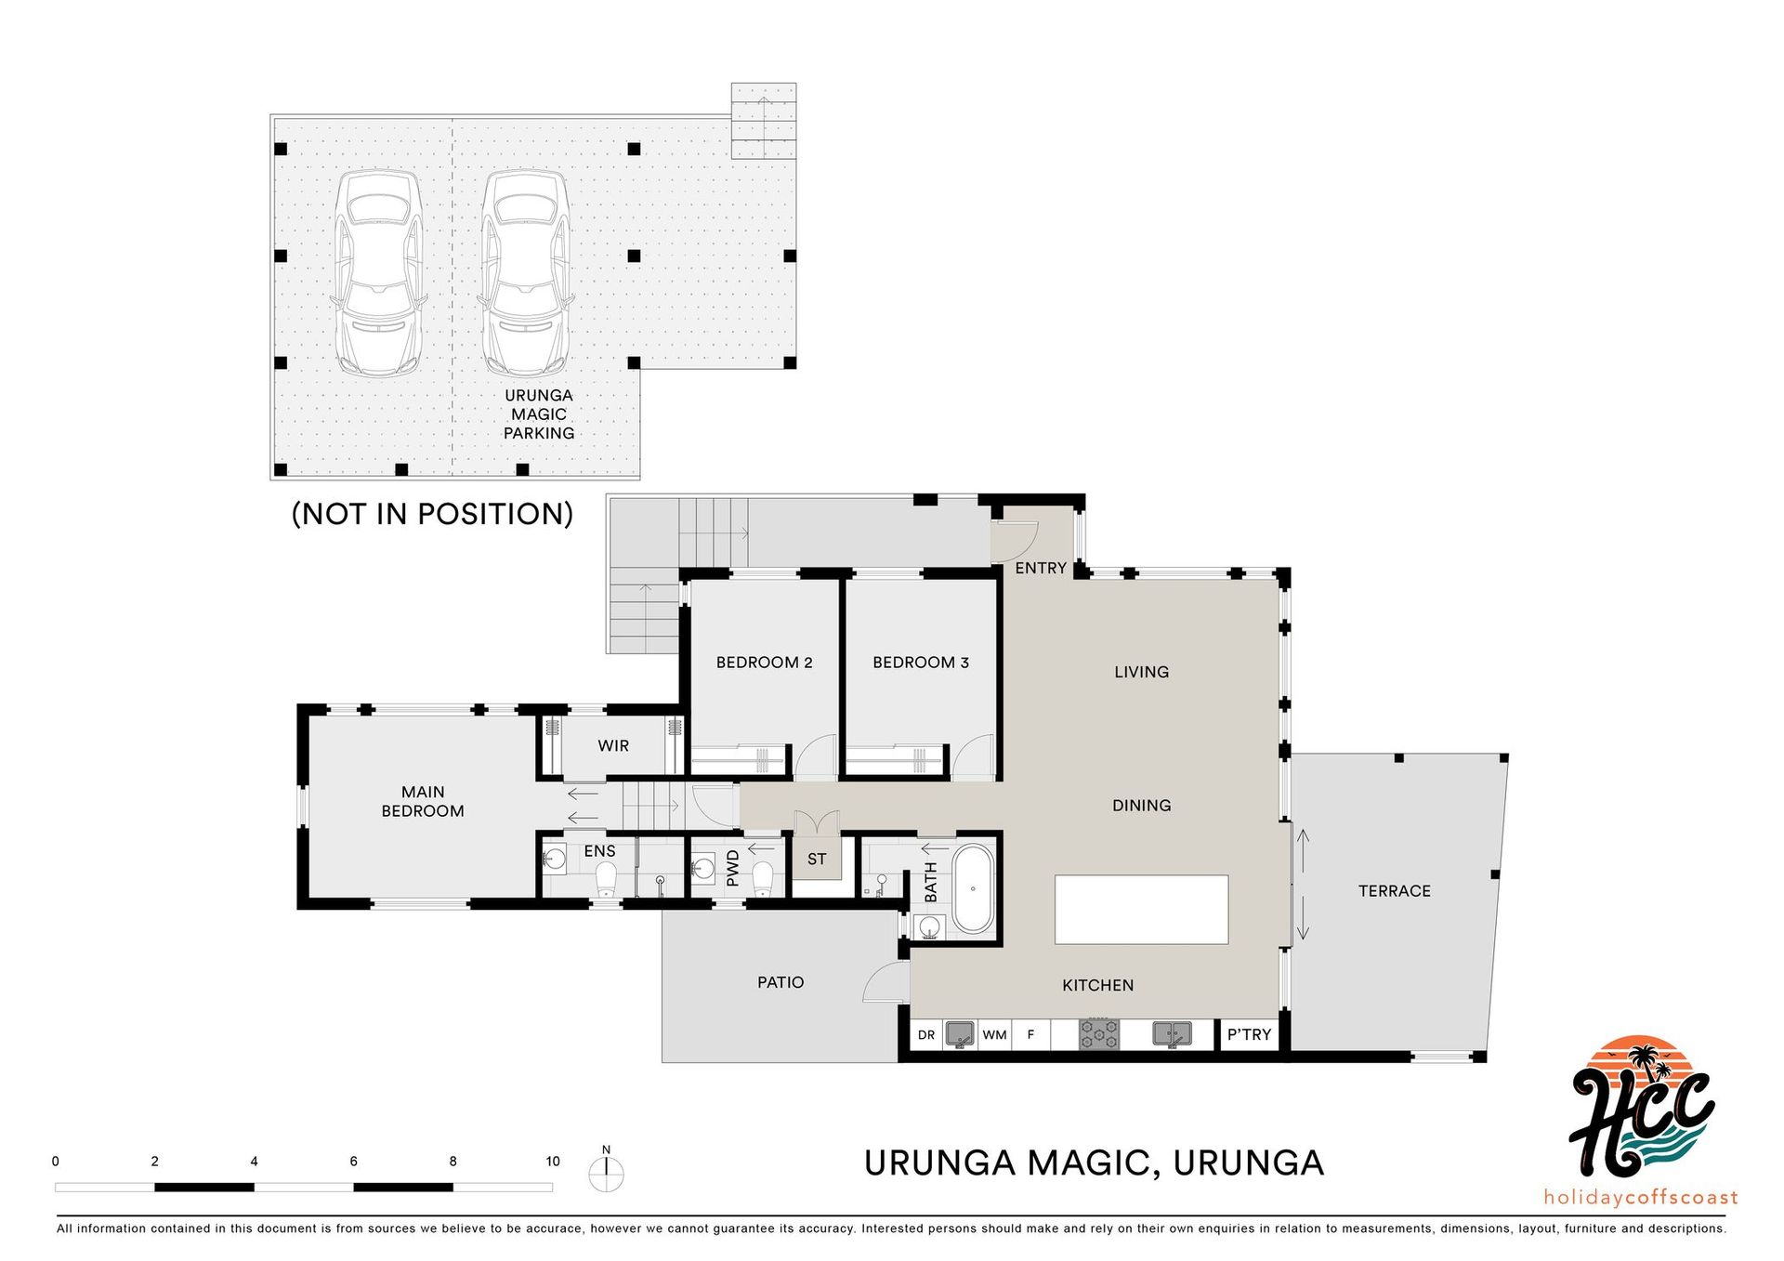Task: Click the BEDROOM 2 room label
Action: pos(764,663)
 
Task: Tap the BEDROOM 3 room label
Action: pos(921,663)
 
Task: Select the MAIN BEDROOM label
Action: pos(423,801)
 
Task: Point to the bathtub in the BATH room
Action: pos(973,888)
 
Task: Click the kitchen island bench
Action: pos(1141,910)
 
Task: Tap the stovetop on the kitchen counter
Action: pos(1099,1034)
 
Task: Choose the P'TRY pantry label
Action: pos(1249,1034)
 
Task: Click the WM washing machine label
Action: pos(995,1034)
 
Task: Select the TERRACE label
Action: pos(1395,891)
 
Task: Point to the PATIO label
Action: pos(780,982)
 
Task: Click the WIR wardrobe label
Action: pos(613,746)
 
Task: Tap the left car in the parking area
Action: pos(378,273)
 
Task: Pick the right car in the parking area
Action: pos(525,273)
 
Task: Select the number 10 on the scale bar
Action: pos(553,1162)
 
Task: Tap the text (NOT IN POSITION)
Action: pos(432,514)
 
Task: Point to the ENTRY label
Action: pos(1041,568)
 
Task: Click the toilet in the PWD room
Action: pos(763,878)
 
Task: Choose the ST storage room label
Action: pos(817,860)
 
